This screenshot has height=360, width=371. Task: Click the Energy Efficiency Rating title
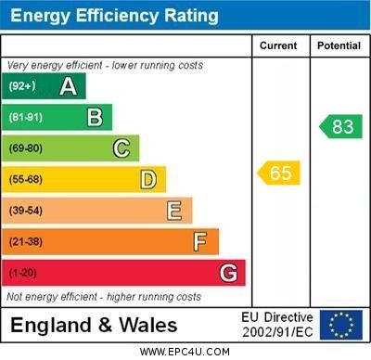point(114,16)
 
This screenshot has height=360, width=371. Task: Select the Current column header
point(278,45)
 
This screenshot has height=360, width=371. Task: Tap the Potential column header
point(339,45)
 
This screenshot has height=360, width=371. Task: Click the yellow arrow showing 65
point(279,173)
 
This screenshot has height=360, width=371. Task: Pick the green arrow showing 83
point(340,127)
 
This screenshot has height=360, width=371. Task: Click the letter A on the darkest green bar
point(68,86)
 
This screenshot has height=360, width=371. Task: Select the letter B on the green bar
point(95,117)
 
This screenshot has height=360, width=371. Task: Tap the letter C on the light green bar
point(122,148)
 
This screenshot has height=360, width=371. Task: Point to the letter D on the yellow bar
point(148,179)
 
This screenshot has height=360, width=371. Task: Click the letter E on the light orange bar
point(174,211)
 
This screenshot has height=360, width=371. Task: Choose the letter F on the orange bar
point(200,242)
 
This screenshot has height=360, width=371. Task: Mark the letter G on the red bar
point(228,274)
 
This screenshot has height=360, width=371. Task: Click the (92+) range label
point(22,86)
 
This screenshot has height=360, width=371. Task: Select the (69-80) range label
point(26,148)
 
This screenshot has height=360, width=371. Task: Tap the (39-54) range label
point(26,211)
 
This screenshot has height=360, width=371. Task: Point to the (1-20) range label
point(23,274)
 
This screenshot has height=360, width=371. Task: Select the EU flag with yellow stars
point(341,325)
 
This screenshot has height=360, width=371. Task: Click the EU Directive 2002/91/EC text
point(277,325)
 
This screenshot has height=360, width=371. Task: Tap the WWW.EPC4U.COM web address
point(185,352)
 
